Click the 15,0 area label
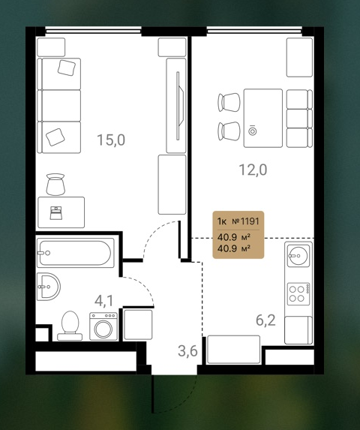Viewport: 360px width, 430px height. tap(111, 140)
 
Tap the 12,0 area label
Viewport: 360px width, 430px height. tap(253, 170)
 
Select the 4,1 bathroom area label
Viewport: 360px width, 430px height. tap(103, 301)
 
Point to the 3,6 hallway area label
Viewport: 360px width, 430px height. tap(187, 350)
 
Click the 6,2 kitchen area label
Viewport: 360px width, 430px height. tap(265, 320)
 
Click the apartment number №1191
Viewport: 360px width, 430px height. tap(245, 221)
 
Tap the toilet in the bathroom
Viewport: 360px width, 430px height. tap(70, 326)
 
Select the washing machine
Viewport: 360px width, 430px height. tap(103, 326)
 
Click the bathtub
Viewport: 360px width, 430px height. tap(76, 253)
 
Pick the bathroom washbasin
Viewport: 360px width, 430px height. tap(48, 287)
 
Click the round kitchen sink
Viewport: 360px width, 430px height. tap(298, 256)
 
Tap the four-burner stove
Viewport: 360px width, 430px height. tap(298, 294)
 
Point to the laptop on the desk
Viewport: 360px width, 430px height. tap(56, 213)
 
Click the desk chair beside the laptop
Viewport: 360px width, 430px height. tap(55, 185)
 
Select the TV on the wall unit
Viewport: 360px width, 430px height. tap(178, 106)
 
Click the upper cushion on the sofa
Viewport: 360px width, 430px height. tap(67, 68)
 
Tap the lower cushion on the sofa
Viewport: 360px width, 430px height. tap(55, 137)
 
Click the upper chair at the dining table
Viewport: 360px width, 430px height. tap(229, 102)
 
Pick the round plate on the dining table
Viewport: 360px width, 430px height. tap(252, 131)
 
